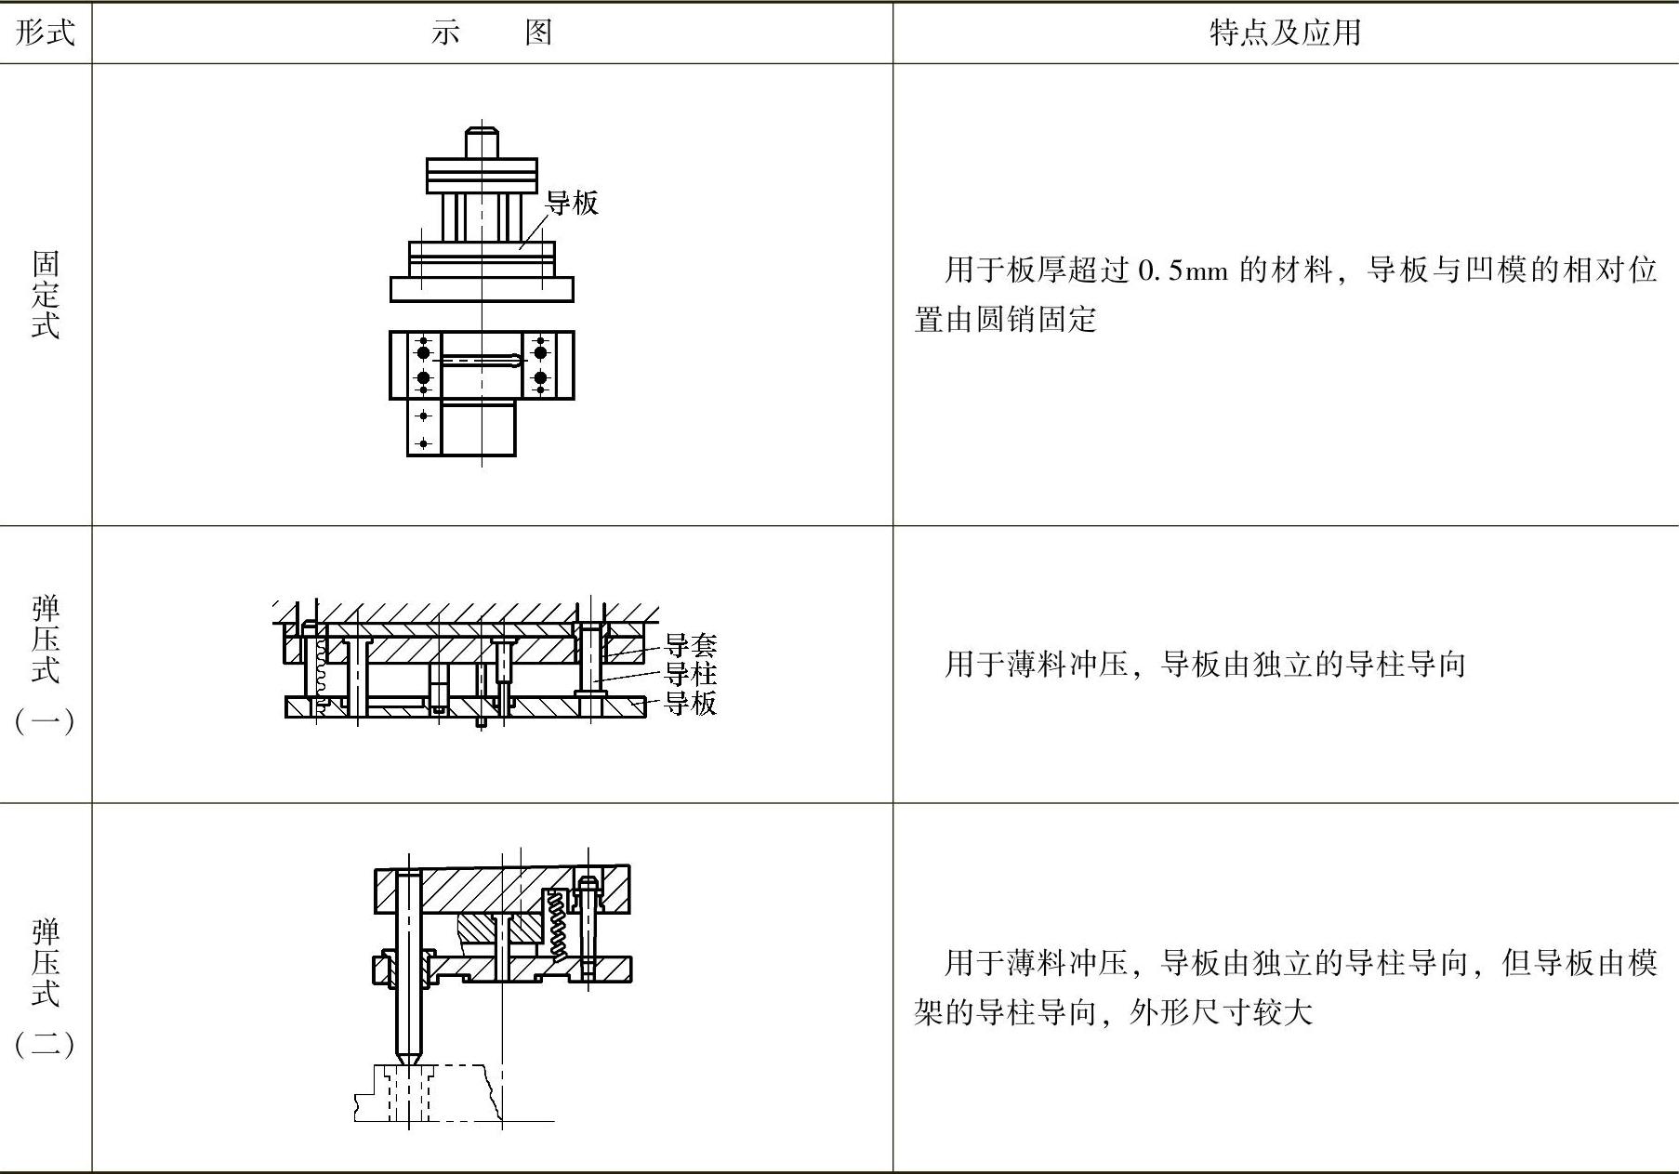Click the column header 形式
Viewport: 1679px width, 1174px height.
coord(45,33)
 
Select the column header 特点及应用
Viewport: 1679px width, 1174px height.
coord(1285,33)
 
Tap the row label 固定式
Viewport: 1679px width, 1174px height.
coord(45,294)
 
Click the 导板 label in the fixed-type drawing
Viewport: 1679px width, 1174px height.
coord(572,203)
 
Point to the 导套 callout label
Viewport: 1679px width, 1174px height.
coord(691,644)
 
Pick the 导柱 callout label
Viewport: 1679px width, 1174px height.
coord(691,673)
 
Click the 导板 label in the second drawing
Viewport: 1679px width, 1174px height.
coord(691,703)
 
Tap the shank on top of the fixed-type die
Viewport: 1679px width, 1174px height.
coord(482,142)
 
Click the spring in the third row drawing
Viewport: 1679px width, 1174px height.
coord(558,924)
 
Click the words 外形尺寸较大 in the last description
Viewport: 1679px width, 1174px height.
coord(1221,1011)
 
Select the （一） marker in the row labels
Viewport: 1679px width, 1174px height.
coord(45,720)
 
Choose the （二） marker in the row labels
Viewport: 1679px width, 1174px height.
coord(45,1044)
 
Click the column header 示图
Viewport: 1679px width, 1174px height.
coord(492,33)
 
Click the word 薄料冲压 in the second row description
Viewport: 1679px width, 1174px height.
coord(1068,665)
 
